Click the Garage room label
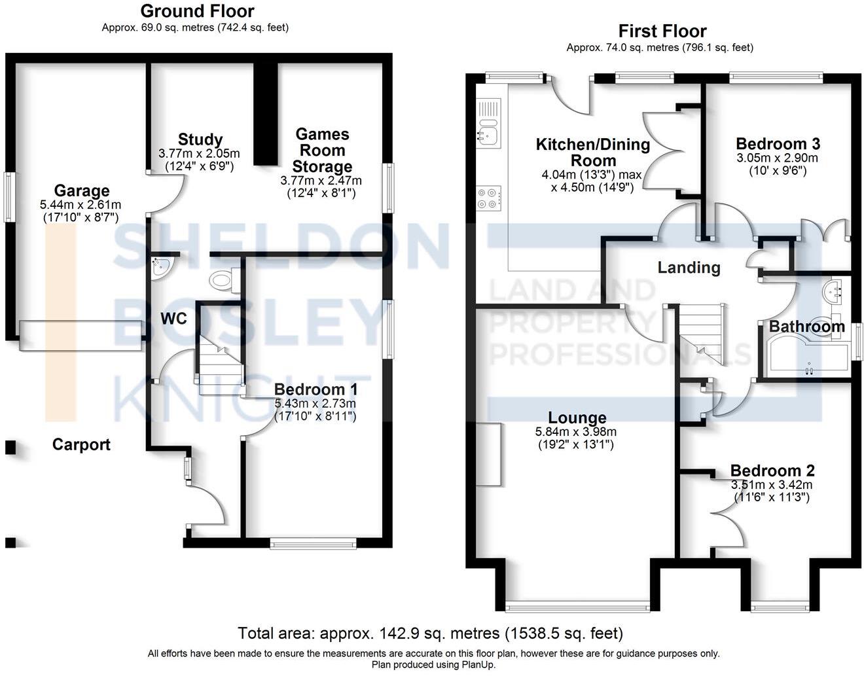(x=81, y=190)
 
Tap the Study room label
(x=200, y=139)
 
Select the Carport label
(x=81, y=445)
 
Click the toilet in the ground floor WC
(x=223, y=280)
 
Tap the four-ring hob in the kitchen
(x=489, y=198)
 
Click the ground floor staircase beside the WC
(x=219, y=366)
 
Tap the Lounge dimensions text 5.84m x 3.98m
(x=576, y=432)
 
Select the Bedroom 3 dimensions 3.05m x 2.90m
(x=778, y=158)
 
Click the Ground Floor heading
(x=197, y=10)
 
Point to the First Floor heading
(x=662, y=31)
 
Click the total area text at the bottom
(x=430, y=633)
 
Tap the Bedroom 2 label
(x=772, y=471)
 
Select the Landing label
(x=689, y=267)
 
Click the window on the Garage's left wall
(x=9, y=196)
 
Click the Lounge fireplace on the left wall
(x=489, y=454)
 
